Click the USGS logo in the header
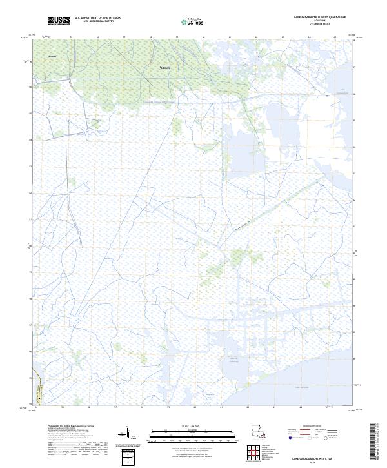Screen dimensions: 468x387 coord(59,21)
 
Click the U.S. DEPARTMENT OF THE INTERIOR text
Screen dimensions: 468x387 coord(97,18)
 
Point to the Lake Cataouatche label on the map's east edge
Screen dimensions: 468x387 coord(343,91)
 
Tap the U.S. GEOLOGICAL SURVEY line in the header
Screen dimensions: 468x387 coord(97,21)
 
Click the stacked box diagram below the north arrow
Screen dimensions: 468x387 coord(128,456)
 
